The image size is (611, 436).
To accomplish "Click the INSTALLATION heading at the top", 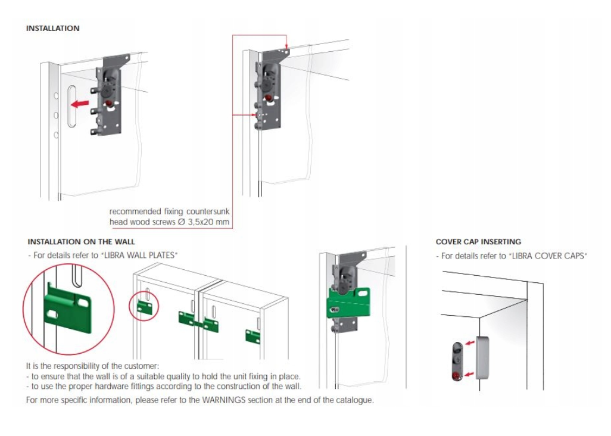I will click(52, 28).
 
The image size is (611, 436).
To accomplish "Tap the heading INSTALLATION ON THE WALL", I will click(81, 242).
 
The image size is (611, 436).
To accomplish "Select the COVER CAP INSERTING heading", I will click(478, 242).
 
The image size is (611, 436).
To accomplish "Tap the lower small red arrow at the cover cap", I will click(470, 373).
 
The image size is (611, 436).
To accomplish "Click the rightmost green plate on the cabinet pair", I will click(252, 336).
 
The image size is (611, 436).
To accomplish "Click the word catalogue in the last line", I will click(355, 400).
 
